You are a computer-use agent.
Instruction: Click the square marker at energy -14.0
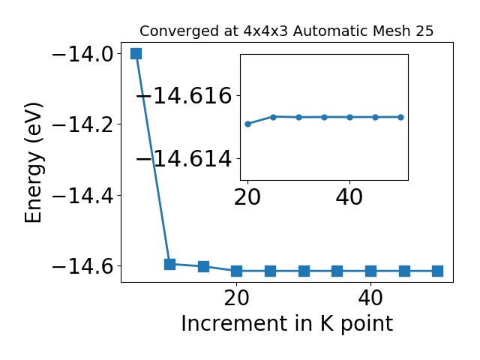pos(136,53)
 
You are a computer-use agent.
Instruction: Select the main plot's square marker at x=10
pos(169,264)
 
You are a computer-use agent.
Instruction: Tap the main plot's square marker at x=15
pos(203,266)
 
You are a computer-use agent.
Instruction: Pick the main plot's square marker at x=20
pos(237,271)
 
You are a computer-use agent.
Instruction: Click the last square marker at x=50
pos(438,271)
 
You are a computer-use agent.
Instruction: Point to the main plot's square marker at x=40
pos(370,271)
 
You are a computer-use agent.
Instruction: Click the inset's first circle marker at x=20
pos(248,124)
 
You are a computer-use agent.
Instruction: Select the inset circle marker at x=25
pos(273,117)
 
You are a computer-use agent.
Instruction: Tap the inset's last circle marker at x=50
pos(400,117)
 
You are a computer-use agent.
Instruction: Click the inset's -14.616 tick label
pos(184,96)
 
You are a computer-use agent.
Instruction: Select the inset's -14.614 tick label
pos(184,159)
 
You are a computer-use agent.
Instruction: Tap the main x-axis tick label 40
pos(370,298)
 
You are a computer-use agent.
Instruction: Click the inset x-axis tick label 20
pos(247,197)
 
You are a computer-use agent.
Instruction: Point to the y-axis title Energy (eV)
pos(33,162)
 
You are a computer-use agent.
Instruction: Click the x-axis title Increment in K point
pos(287,323)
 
